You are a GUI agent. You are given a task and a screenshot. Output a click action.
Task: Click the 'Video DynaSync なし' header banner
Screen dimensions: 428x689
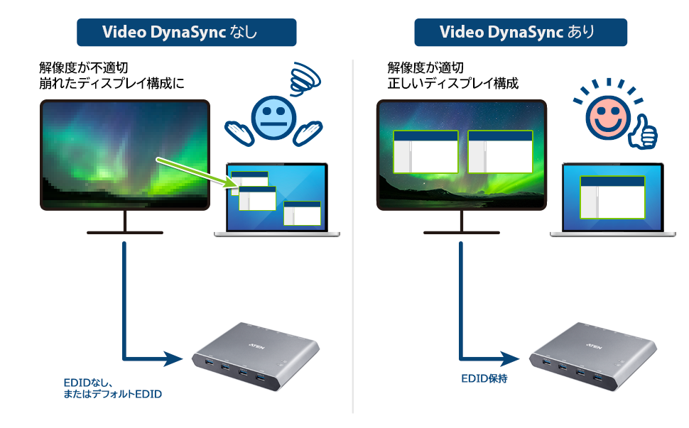point(186,33)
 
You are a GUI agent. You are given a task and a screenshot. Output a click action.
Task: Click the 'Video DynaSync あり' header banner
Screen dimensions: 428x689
point(521,33)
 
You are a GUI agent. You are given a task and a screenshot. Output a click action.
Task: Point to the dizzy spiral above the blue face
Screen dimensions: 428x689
point(305,77)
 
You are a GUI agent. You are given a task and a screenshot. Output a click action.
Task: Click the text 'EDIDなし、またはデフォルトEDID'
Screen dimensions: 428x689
point(112,387)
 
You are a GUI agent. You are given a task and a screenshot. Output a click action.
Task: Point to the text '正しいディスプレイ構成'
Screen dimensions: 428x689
point(452,84)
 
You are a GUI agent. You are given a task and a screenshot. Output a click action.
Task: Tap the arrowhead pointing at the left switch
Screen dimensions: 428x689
point(173,356)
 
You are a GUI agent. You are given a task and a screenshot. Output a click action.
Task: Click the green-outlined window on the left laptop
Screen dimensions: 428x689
point(257,198)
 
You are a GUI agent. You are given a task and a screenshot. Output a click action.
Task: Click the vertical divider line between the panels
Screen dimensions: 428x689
point(353,234)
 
